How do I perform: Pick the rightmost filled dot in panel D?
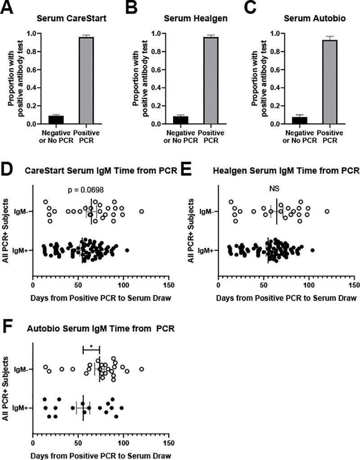(x=127, y=250)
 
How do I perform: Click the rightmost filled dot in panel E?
(x=313, y=250)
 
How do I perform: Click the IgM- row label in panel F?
(x=21, y=369)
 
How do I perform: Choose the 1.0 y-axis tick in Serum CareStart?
(x=30, y=33)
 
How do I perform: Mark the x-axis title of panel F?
(x=100, y=455)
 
